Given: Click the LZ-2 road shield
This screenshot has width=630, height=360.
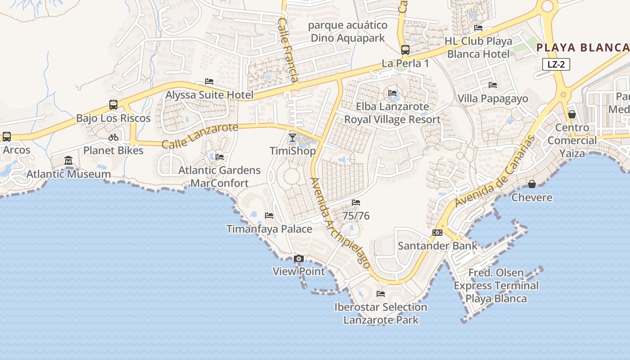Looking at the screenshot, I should point(556,64).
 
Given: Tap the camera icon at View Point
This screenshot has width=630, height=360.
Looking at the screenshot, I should point(298,259).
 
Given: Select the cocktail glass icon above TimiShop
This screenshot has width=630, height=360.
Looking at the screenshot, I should point(292,137).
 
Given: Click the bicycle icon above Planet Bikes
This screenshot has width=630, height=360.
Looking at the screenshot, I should point(113,137).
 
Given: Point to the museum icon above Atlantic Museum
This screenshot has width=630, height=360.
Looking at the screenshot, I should point(68,161).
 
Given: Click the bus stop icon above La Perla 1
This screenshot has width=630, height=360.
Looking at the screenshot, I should point(405,50).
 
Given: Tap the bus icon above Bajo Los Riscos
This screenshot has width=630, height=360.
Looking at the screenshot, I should point(113,105).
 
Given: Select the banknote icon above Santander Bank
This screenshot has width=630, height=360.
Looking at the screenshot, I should point(437,233).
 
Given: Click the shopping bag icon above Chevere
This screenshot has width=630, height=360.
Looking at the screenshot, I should point(531,184).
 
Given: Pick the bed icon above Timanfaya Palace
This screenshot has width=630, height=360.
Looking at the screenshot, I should point(269,216).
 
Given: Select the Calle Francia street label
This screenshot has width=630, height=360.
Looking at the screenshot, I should point(288,50).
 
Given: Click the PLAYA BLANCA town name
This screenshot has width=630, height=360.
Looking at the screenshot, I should point(582,48).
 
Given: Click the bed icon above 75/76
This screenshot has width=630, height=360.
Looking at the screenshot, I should point(356,202).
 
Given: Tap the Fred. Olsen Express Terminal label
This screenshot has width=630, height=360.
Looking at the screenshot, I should point(496,285).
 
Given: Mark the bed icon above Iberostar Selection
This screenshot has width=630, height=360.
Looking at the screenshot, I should point(381,294).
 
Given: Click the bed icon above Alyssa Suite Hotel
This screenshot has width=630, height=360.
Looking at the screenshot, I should point(209,81).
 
